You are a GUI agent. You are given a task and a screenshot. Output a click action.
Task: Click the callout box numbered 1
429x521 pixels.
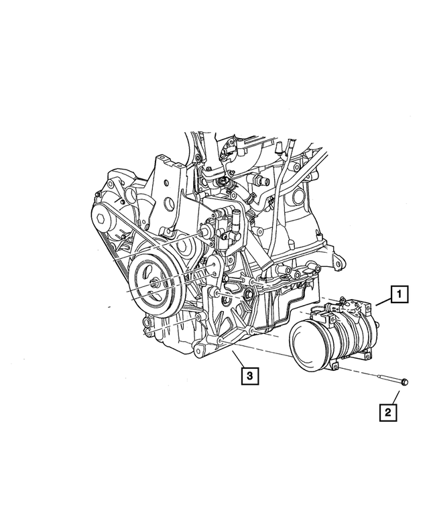[x=399, y=294]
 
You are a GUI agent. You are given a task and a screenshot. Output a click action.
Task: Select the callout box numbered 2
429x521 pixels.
[x=388, y=412]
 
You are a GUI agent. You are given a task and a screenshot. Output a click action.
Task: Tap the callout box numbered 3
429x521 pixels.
[x=250, y=375]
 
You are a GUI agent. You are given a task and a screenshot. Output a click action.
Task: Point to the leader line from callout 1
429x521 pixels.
[x=383, y=302]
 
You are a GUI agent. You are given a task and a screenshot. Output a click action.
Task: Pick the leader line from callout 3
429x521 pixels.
[x=239, y=359]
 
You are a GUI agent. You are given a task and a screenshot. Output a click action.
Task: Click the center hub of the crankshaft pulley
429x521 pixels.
[x=155, y=284]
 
